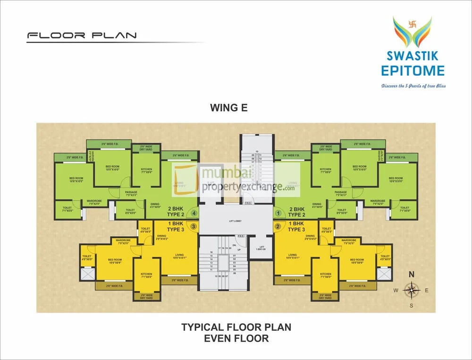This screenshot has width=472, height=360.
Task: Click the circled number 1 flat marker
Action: (278, 213)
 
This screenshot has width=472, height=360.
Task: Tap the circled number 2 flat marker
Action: (278, 226)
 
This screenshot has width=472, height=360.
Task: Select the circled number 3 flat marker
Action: (194, 226)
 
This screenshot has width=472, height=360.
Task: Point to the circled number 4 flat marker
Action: (194, 213)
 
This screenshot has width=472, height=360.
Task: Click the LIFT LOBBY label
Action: (236, 220)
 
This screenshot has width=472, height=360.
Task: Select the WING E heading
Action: (228, 108)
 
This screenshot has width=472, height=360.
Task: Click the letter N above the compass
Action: (411, 274)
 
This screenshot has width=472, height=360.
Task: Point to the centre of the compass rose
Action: (412, 290)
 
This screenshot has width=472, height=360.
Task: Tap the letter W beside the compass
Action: (396, 291)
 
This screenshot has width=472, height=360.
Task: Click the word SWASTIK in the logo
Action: (413, 56)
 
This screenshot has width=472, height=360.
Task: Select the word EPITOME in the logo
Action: (413, 71)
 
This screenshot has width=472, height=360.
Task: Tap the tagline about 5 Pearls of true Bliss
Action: (413, 86)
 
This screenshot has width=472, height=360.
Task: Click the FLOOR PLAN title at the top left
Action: (82, 35)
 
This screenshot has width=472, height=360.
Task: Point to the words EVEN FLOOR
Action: (236, 338)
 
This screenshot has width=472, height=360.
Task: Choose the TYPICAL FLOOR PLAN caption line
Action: (236, 327)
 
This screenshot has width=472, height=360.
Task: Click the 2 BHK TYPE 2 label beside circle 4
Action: (174, 211)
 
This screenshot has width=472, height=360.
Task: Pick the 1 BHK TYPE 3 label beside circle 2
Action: (296, 226)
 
